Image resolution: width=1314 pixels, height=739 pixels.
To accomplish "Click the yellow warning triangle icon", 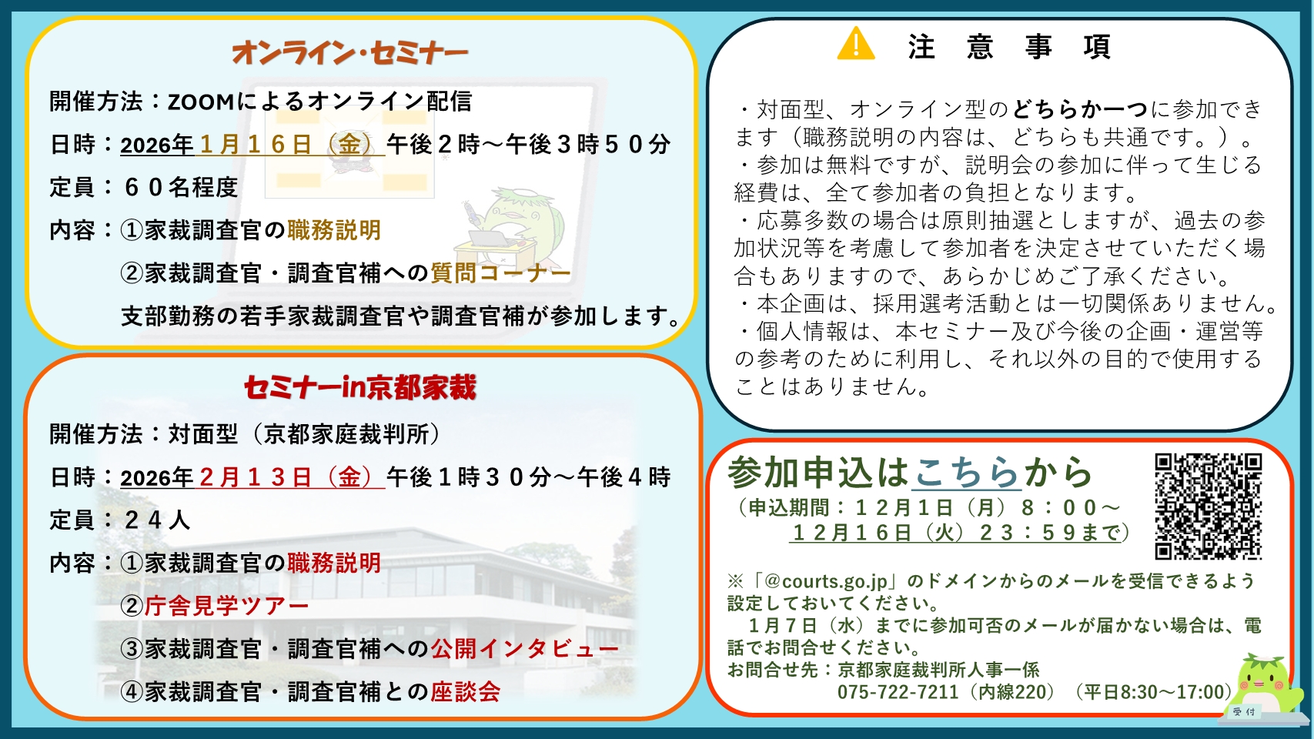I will (x=856, y=44).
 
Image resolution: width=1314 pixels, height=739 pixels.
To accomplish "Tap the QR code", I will (x=1208, y=506).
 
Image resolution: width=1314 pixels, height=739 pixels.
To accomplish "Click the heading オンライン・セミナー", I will (x=350, y=52).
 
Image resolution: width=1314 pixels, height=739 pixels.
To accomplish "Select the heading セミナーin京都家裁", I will (x=360, y=387).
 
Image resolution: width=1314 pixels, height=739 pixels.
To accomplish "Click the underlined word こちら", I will (x=966, y=473).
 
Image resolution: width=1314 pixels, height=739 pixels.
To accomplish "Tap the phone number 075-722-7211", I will (x=898, y=692).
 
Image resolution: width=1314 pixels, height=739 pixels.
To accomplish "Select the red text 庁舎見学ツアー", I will (x=227, y=606).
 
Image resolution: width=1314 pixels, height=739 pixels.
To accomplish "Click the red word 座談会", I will (x=466, y=692).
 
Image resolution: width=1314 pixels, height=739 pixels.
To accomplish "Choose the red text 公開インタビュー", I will (x=524, y=649).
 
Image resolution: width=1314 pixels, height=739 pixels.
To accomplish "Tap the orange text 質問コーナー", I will (x=500, y=273).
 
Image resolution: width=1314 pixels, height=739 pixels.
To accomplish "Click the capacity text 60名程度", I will (x=180, y=187).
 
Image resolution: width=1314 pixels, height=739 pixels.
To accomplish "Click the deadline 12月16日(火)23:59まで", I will (x=958, y=533).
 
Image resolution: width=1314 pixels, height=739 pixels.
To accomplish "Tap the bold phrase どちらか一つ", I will (x=1079, y=109).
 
